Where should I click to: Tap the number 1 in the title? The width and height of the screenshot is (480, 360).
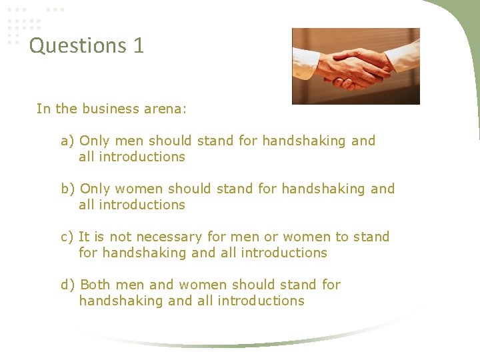click(x=138, y=46)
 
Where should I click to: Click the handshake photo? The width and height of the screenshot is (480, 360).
click(x=356, y=66)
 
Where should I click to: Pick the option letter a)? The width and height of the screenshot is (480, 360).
click(x=67, y=141)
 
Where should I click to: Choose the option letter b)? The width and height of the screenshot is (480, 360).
click(x=67, y=189)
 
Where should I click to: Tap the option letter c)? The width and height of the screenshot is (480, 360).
click(x=67, y=237)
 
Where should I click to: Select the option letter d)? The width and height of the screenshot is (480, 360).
click(x=67, y=285)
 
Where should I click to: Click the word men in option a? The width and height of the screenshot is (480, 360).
click(x=129, y=141)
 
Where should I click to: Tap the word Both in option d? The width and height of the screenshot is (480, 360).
click(x=94, y=285)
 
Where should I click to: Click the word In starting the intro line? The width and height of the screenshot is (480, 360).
click(x=43, y=109)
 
